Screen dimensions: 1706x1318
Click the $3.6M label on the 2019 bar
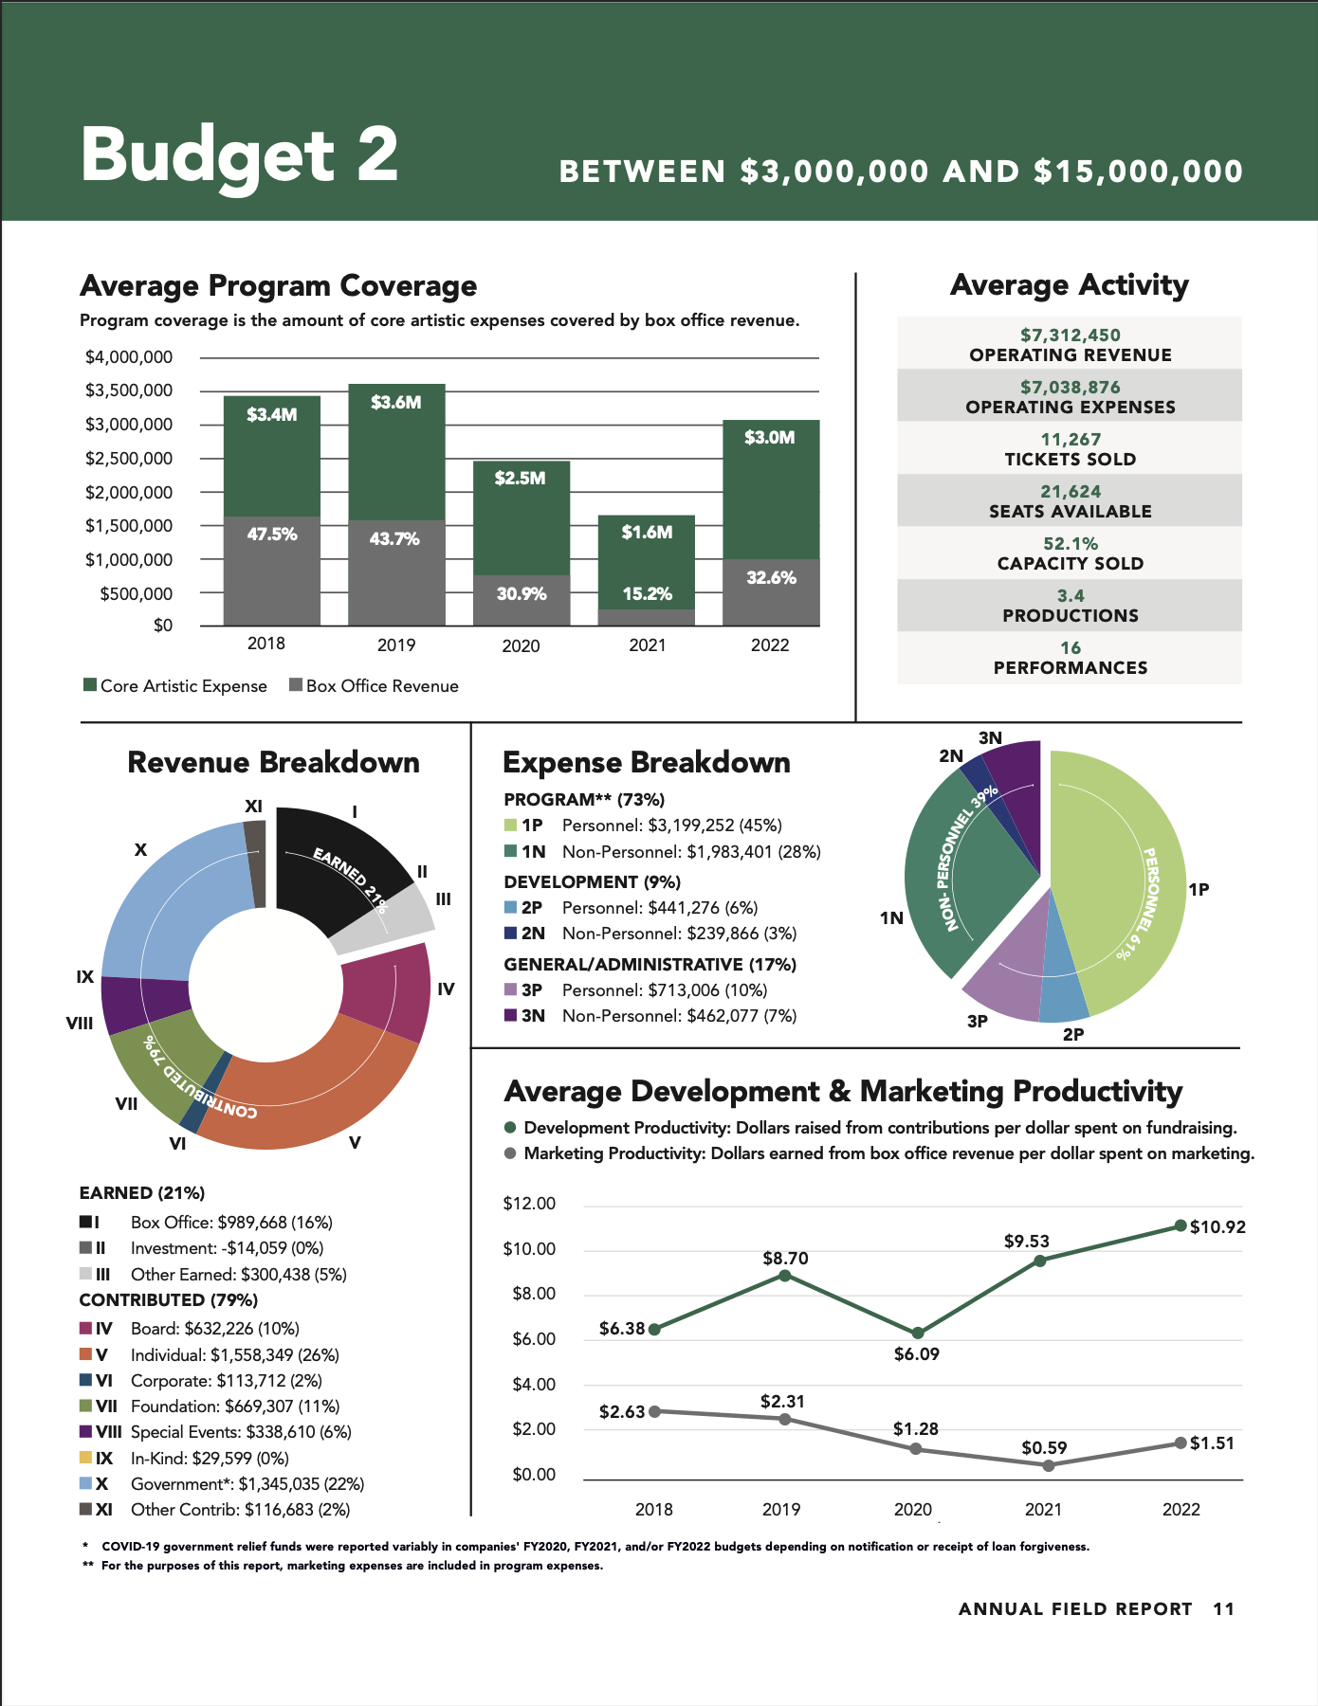(x=395, y=403)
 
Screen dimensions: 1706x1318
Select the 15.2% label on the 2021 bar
(x=647, y=594)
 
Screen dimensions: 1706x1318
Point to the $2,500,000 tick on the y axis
(x=129, y=459)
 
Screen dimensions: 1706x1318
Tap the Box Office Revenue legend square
(x=296, y=685)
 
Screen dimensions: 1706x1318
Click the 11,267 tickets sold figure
(x=1071, y=440)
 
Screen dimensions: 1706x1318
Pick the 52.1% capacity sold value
(x=1071, y=544)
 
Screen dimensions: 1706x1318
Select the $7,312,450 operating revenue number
(x=1071, y=336)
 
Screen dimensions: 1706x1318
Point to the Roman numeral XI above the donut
(x=253, y=807)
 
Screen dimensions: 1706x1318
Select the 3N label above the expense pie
(x=990, y=738)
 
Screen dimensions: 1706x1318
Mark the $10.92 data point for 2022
(x=1181, y=1225)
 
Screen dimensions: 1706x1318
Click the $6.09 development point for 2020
(x=917, y=1334)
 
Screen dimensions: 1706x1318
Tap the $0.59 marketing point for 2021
(x=1048, y=1465)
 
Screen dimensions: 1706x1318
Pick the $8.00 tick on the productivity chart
(x=533, y=1294)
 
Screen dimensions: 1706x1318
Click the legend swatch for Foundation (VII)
(x=85, y=1407)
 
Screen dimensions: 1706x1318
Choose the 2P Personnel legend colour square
(x=510, y=908)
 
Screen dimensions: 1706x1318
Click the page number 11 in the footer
(x=1223, y=1608)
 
